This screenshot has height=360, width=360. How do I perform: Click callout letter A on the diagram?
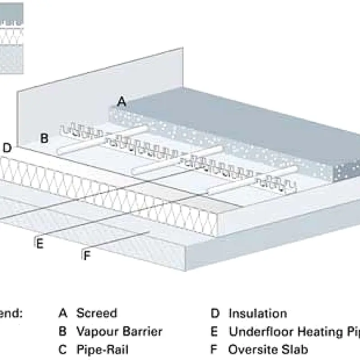point(121,102)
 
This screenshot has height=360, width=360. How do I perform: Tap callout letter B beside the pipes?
point(44,138)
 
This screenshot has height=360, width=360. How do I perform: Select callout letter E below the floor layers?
point(40,243)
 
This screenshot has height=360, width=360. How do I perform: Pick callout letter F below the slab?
point(87,256)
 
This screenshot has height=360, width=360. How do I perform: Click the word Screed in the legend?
point(96,313)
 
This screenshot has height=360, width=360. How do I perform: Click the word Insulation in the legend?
point(257,313)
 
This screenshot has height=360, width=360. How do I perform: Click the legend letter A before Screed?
point(63,313)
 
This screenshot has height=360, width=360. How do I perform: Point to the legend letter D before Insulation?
point(215,313)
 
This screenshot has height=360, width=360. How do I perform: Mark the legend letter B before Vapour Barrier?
point(63,332)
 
